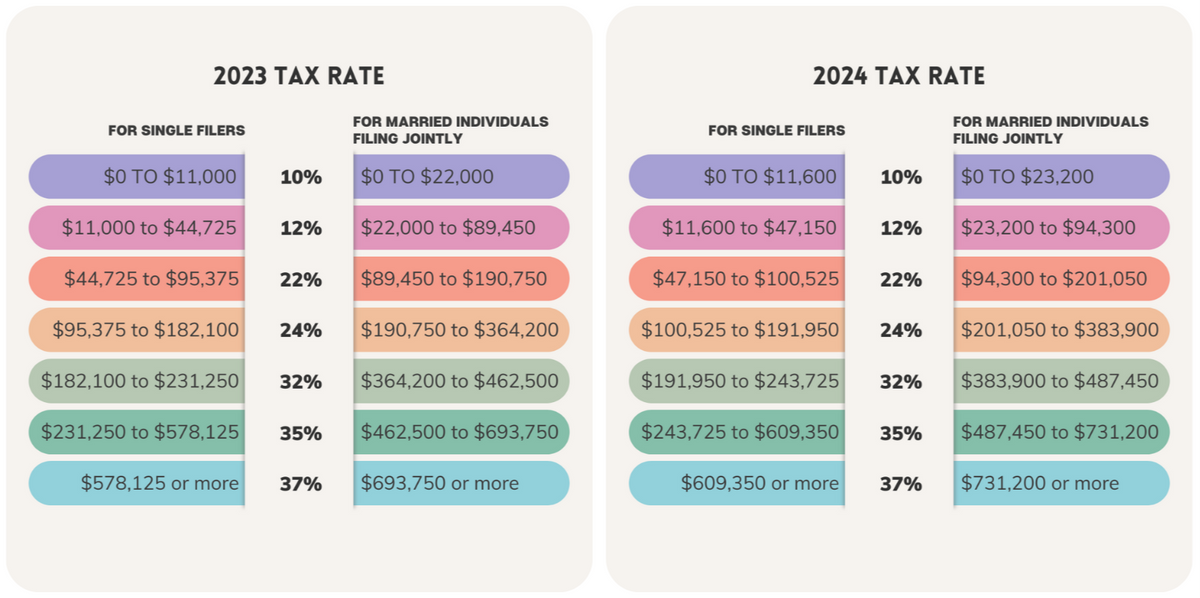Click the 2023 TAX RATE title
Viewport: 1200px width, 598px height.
tap(299, 77)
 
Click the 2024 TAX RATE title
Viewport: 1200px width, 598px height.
tap(899, 77)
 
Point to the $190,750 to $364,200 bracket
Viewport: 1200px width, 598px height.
tap(461, 330)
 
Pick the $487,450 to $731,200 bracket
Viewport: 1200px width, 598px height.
tap(1061, 432)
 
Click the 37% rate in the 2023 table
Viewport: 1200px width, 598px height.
tap(300, 484)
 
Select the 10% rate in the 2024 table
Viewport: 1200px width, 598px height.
tap(900, 178)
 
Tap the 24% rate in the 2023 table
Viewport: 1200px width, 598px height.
tap(300, 331)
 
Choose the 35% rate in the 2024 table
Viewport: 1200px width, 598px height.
tap(900, 433)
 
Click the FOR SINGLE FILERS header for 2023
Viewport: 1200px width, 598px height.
tap(177, 130)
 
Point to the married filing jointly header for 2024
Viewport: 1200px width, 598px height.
tap(1050, 130)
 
